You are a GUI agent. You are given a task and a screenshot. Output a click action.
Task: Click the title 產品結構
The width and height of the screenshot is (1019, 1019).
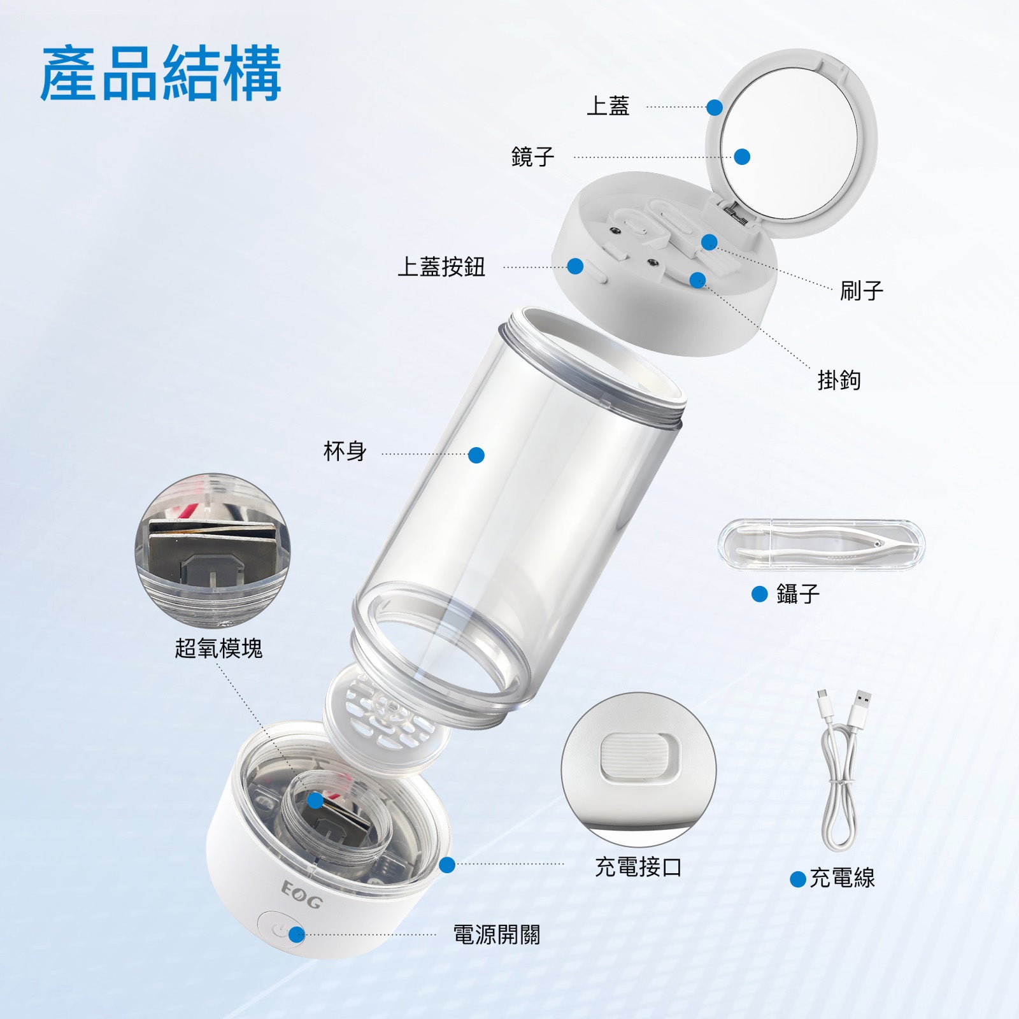[160, 73]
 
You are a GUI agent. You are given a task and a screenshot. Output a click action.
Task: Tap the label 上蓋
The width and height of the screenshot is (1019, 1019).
[608, 106]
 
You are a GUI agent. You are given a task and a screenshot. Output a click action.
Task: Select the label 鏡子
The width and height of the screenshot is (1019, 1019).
[533, 157]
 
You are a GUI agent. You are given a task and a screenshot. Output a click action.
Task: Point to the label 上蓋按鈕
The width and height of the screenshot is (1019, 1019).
[441, 267]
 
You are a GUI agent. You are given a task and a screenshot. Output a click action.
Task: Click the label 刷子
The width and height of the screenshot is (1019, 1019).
[861, 291]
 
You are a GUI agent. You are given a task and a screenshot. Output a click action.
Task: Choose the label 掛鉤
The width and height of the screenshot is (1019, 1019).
[839, 380]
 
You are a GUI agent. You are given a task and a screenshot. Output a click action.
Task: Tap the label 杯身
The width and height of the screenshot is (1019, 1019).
[345, 452]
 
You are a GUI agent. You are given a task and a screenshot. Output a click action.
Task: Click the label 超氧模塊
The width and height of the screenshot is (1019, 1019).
[218, 649]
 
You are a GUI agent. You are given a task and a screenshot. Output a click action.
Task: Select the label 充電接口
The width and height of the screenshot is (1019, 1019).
[638, 867]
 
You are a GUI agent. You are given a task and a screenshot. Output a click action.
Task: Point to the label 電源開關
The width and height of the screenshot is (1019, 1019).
[496, 935]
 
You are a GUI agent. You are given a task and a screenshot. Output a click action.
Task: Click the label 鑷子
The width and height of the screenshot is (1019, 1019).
[797, 594]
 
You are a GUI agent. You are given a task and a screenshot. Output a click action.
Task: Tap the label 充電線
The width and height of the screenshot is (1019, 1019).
[842, 878]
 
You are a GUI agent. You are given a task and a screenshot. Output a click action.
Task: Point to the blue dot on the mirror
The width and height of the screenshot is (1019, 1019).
[741, 157]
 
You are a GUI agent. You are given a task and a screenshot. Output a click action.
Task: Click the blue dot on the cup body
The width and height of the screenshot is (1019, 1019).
[476, 455]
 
